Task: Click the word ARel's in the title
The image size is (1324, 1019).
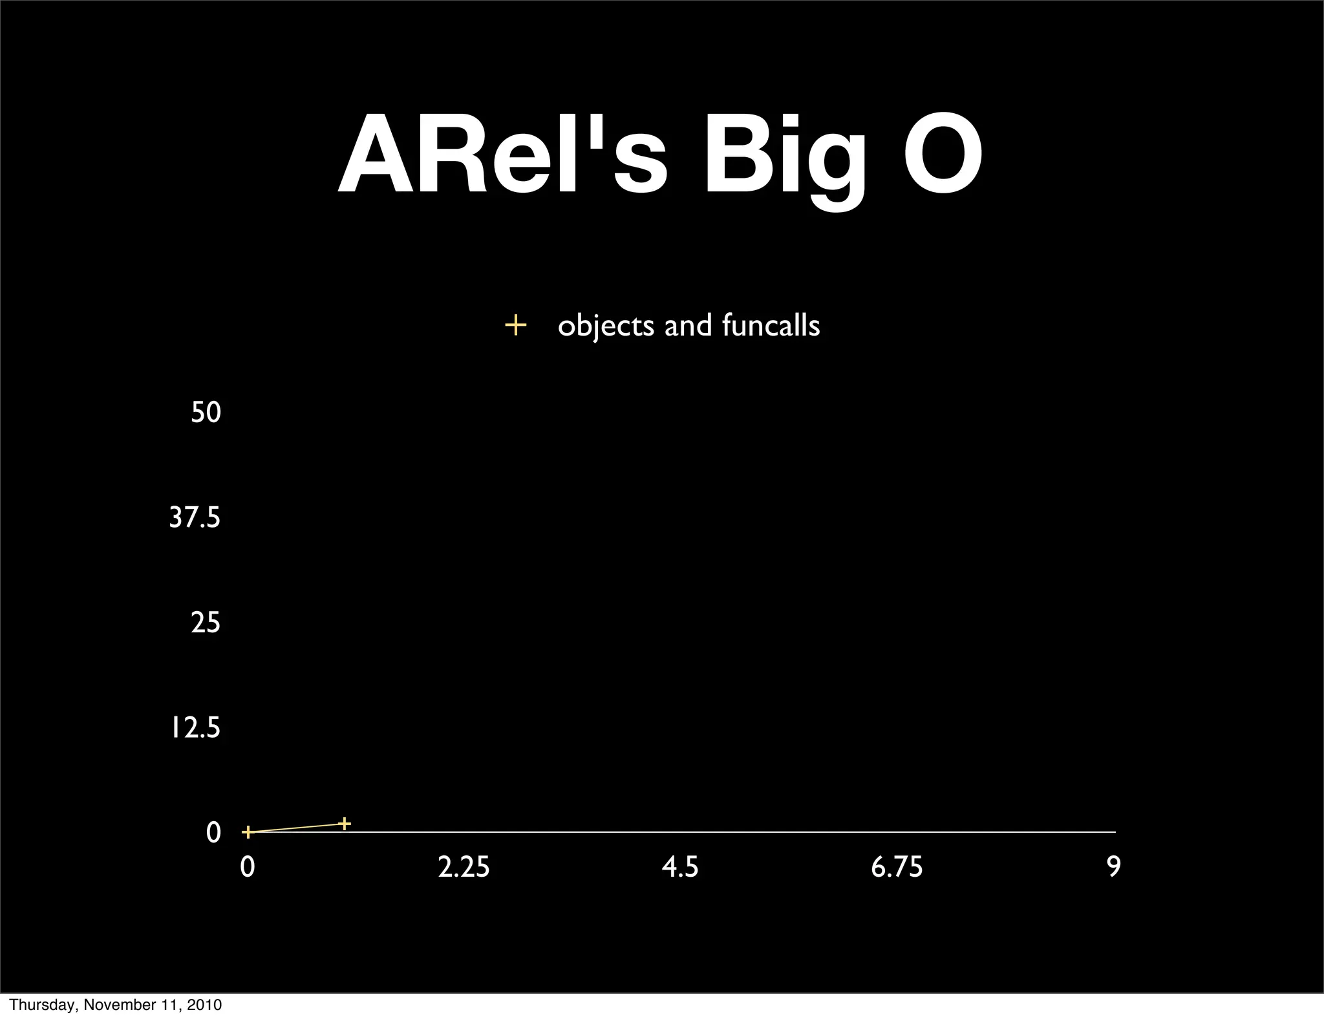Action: pyautogui.click(x=502, y=156)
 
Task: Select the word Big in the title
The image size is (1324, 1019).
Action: pyautogui.click(x=784, y=159)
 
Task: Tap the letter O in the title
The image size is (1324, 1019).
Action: pyautogui.click(x=943, y=156)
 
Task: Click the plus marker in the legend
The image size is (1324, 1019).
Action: pyautogui.click(x=515, y=325)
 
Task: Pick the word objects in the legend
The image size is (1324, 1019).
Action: pyautogui.click(x=606, y=326)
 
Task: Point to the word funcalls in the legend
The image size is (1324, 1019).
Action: pyautogui.click(x=771, y=325)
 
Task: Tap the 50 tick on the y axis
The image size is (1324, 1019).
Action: pyautogui.click(x=206, y=413)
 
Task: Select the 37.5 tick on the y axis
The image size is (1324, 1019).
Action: pyautogui.click(x=195, y=518)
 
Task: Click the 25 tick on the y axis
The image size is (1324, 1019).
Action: pyautogui.click(x=206, y=623)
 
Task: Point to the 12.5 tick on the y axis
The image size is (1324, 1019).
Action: pyautogui.click(x=195, y=729)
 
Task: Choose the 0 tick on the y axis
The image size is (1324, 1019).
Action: pyautogui.click(x=213, y=833)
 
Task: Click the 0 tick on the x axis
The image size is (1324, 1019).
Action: pyautogui.click(x=247, y=867)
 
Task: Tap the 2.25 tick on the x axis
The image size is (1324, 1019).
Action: pyautogui.click(x=464, y=867)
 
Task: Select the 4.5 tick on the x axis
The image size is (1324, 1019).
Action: pyautogui.click(x=680, y=867)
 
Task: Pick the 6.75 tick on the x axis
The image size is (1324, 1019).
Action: pyautogui.click(x=897, y=867)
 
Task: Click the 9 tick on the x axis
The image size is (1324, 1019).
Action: pyautogui.click(x=1113, y=867)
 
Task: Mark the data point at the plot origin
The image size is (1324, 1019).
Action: pyautogui.click(x=247, y=832)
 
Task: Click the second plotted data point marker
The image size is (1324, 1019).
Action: pyautogui.click(x=345, y=823)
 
